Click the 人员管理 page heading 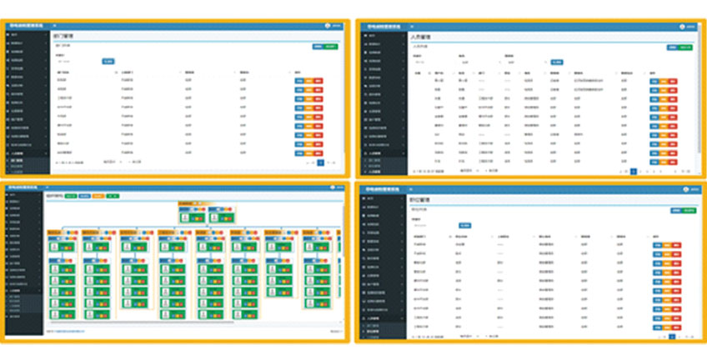tap(421, 37)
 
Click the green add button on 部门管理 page tap(332, 46)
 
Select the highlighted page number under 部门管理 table tap(320, 162)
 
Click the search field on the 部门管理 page tap(75, 62)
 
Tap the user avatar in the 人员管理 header tap(681, 26)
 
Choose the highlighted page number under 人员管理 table tap(634, 171)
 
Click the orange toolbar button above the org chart tap(98, 196)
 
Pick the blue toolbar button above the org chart tap(83, 196)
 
